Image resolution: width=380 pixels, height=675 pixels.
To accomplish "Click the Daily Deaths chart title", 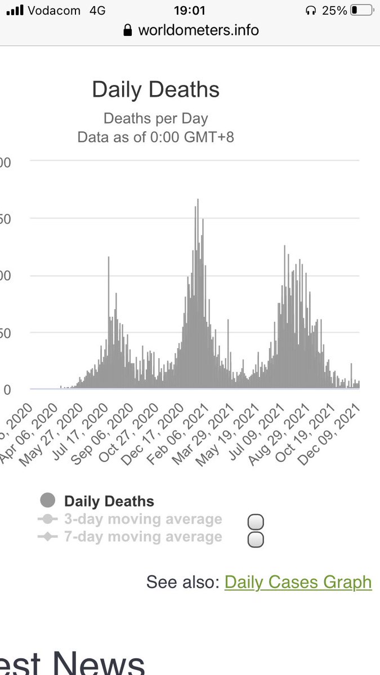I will point(155,90).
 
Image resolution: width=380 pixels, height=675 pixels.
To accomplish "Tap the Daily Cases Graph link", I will point(298,582).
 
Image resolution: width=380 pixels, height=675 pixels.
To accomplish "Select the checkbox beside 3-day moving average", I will point(256,521).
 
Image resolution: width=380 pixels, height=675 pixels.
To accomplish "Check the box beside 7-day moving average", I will point(256,539).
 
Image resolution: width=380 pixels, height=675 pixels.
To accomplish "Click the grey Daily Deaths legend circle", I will point(48,501).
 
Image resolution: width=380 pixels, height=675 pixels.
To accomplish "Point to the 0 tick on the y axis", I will point(7,389).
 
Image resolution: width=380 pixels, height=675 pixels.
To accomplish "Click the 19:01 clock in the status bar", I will point(189,10).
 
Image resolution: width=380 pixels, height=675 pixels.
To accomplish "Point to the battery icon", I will point(361,10).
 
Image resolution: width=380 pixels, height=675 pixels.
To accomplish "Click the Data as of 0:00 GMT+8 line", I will point(155,137).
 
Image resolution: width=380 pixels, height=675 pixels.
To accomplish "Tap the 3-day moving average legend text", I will point(143,519).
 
